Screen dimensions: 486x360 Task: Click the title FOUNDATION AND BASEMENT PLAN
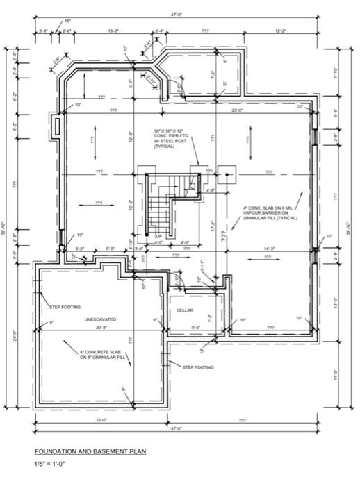90,451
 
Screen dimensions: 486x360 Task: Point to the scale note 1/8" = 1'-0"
51,464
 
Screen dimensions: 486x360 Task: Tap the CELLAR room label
185,310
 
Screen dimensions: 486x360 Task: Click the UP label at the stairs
158,237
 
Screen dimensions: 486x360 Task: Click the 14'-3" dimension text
267,248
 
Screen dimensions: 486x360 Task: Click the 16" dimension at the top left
67,22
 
